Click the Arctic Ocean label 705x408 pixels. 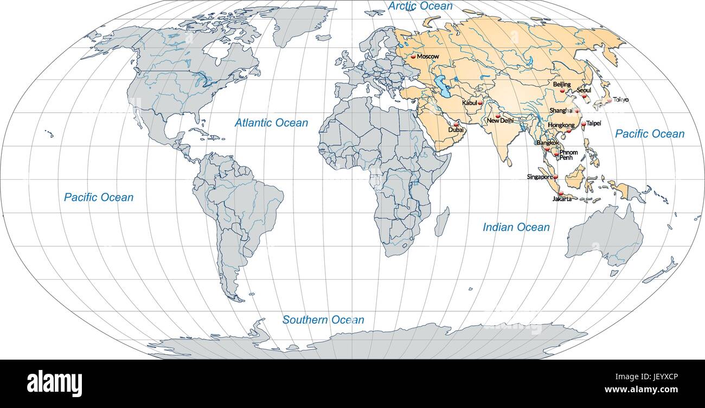[420, 6]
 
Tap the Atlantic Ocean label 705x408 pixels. [271, 123]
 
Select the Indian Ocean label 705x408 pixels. [516, 227]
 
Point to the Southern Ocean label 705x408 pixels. [323, 320]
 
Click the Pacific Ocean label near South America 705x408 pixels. [98, 197]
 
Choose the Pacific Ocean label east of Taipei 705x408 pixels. [650, 134]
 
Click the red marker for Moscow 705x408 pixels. [413, 56]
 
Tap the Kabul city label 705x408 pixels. [470, 103]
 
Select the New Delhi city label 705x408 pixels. [499, 121]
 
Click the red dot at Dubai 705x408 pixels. [456, 124]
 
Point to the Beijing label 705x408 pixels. [562, 84]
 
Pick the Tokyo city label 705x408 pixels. [621, 100]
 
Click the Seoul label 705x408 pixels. [584, 90]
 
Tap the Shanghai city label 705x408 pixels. [561, 110]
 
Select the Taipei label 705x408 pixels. [593, 123]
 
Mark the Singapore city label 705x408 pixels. [539, 177]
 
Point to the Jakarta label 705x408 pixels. [562, 199]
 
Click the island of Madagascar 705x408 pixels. [441, 221]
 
